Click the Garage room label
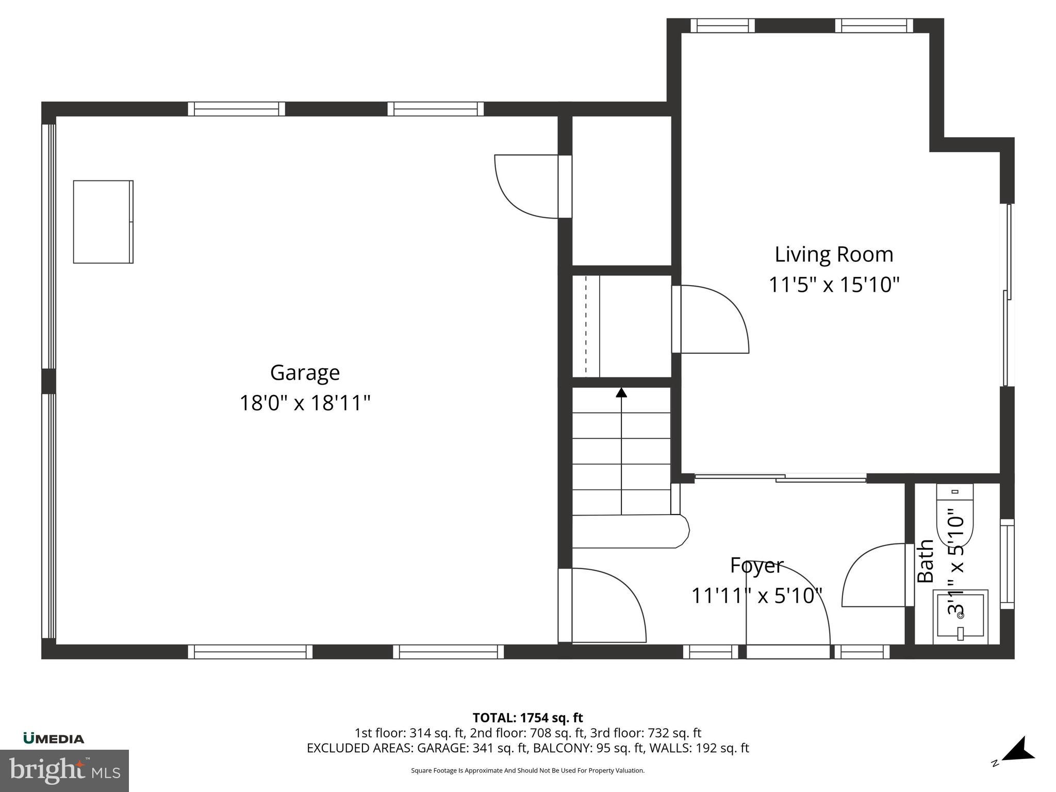pyautogui.click(x=305, y=373)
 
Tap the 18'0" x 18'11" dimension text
pyautogui.click(x=305, y=403)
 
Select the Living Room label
pyautogui.click(x=834, y=255)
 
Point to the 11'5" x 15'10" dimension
pyautogui.click(x=834, y=285)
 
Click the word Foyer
pyautogui.click(x=756, y=566)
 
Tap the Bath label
pyautogui.click(x=926, y=561)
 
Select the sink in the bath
pyautogui.click(x=960, y=617)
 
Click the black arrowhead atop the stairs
pyautogui.click(x=621, y=393)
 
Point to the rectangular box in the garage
pyautogui.click(x=103, y=222)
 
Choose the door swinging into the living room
pyautogui.click(x=714, y=320)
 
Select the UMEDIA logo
pyautogui.click(x=54, y=738)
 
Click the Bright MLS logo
pyautogui.click(x=64, y=770)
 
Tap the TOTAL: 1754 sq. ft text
pyautogui.click(x=527, y=717)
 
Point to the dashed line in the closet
pyautogui.click(x=586, y=326)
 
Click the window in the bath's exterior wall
pyautogui.click(x=1007, y=564)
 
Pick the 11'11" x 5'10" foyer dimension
pyautogui.click(x=756, y=596)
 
